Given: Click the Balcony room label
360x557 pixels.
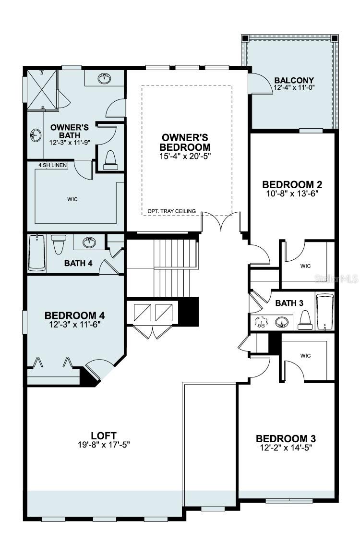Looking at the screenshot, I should (x=294, y=80).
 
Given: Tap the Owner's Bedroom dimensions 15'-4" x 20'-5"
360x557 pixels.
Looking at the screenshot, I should (x=185, y=156).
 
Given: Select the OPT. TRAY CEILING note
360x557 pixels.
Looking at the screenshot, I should (x=171, y=211).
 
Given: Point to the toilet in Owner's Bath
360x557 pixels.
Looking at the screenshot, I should (x=110, y=159).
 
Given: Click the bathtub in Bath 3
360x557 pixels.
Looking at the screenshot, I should (x=324, y=312).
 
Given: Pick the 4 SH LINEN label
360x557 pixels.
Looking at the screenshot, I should (x=53, y=166).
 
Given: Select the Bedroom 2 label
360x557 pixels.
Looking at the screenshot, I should (x=292, y=184).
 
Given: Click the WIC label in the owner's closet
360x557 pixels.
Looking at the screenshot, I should (x=73, y=198).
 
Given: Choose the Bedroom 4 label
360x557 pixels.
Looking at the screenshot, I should (x=74, y=315).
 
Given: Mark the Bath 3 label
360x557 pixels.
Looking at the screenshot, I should (x=289, y=303).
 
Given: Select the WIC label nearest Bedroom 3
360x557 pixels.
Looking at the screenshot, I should (x=305, y=356).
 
